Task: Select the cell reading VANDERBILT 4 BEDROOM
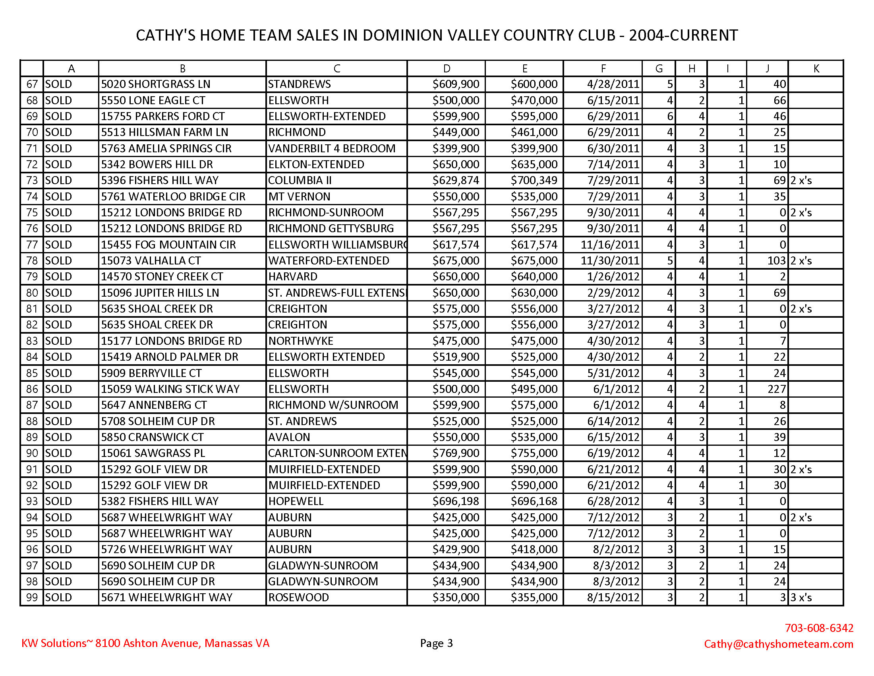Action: point(331,149)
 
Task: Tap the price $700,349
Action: point(534,181)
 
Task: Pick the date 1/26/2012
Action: point(613,277)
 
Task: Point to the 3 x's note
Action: point(801,598)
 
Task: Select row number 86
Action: point(32,389)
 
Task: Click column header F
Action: point(603,69)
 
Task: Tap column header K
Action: point(816,69)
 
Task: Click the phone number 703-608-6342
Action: point(819,628)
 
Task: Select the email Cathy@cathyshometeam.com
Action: point(778,644)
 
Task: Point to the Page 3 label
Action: point(436,643)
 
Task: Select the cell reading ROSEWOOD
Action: point(298,598)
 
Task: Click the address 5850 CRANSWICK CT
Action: point(152,437)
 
